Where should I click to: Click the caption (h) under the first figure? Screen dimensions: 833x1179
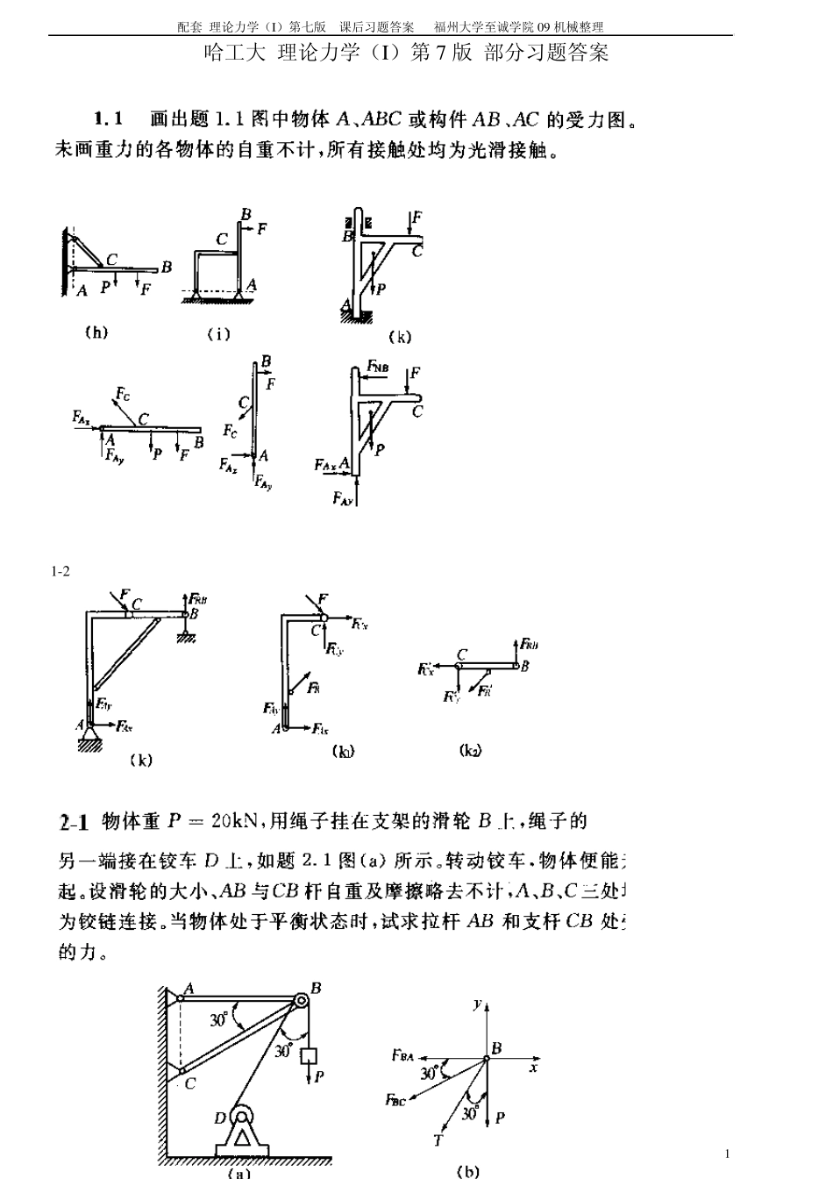click(96, 332)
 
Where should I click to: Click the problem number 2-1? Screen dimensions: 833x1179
click(74, 823)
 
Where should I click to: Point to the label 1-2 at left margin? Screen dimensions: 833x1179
click(61, 572)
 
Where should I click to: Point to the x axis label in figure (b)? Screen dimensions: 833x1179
click(533, 1068)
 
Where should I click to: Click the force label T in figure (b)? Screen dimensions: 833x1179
click(438, 1140)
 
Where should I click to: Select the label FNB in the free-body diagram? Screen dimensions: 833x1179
click(378, 366)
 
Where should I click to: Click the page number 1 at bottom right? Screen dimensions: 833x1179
click(727, 1154)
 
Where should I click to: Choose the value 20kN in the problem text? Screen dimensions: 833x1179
click(237, 822)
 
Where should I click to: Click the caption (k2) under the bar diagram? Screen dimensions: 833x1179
click(470, 750)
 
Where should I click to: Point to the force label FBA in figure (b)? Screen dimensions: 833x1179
click(402, 1055)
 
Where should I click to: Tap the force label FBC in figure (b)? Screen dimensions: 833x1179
click(395, 1100)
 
